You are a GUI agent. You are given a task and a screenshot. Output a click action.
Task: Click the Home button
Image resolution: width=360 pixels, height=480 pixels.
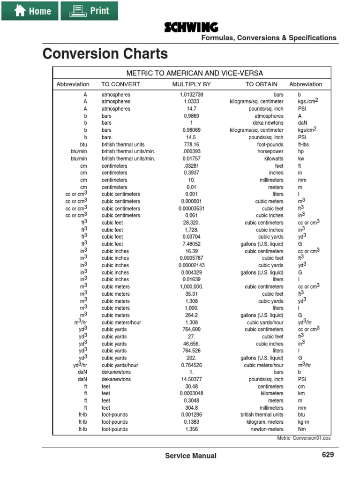click(x=30, y=11)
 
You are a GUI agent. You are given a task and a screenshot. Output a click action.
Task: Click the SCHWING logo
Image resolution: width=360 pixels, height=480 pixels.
click(x=191, y=28)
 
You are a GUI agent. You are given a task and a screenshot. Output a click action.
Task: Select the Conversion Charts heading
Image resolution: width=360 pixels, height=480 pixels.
click(x=105, y=54)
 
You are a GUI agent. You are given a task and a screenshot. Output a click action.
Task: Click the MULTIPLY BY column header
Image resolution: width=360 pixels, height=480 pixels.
click(x=191, y=84)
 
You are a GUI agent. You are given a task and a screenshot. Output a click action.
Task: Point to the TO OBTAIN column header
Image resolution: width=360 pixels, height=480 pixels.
click(x=261, y=84)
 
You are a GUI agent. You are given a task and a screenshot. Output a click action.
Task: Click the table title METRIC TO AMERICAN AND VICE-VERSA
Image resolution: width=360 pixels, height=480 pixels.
click(x=195, y=73)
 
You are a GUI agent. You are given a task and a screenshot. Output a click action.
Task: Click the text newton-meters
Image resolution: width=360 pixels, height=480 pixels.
click(x=267, y=429)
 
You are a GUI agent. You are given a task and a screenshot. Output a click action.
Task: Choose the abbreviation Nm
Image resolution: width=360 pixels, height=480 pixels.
click(x=302, y=429)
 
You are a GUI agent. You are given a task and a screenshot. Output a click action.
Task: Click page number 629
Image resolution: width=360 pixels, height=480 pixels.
click(x=328, y=455)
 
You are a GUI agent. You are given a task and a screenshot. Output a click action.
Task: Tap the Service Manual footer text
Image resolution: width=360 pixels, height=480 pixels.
click(x=191, y=456)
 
